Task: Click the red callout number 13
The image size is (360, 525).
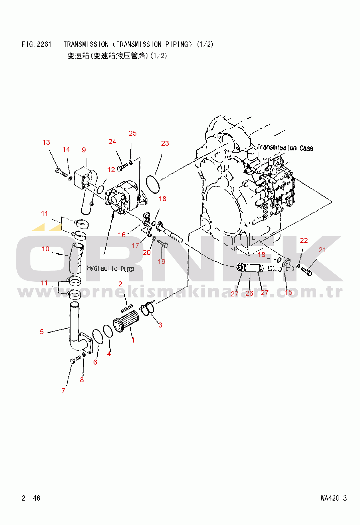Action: pyautogui.click(x=46, y=142)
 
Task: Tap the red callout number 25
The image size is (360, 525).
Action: pyautogui.click(x=132, y=133)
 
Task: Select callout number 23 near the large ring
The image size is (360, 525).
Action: pyautogui.click(x=165, y=143)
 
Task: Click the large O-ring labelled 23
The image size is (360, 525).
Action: pyautogui.click(x=153, y=184)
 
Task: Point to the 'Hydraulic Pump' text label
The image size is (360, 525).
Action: pyautogui.click(x=110, y=269)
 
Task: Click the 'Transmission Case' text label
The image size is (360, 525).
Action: pyautogui.click(x=285, y=148)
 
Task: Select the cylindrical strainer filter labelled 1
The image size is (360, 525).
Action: pyautogui.click(x=126, y=321)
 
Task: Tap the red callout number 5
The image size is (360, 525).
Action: pyautogui.click(x=42, y=332)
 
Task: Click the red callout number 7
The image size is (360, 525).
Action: pyautogui.click(x=63, y=390)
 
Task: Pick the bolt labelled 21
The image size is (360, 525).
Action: pyautogui.click(x=306, y=271)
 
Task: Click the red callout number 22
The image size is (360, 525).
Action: pyautogui.click(x=304, y=241)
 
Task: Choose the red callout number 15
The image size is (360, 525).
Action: pyautogui.click(x=288, y=292)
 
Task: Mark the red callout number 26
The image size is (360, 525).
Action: pyautogui.click(x=249, y=293)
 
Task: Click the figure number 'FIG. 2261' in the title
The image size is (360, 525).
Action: pyautogui.click(x=36, y=44)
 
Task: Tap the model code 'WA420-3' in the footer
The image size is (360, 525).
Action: pyautogui.click(x=334, y=498)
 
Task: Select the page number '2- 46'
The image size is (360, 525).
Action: pyautogui.click(x=31, y=498)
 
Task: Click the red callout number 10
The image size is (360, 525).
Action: pyautogui.click(x=45, y=249)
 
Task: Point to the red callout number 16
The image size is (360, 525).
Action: pyautogui.click(x=122, y=235)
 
